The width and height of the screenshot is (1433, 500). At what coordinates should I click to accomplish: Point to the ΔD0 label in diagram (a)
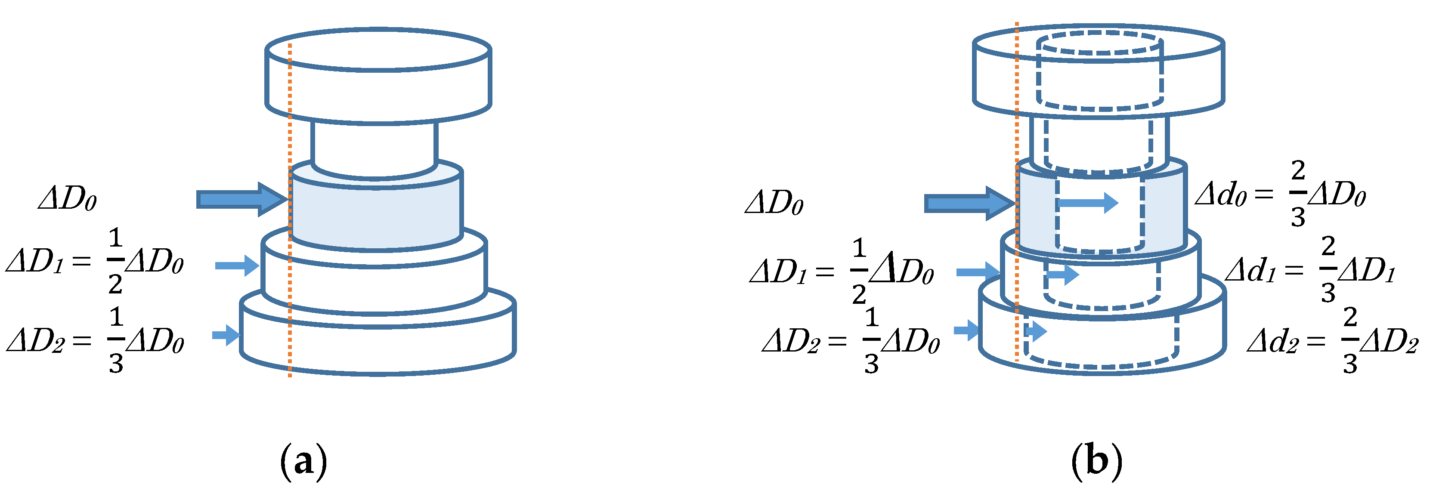pos(67,198)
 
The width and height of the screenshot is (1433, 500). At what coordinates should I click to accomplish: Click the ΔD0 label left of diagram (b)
pos(774,202)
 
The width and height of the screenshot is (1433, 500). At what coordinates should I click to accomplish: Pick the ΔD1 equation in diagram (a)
pos(95,261)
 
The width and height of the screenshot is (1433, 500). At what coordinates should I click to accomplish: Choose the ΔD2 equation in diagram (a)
pos(95,340)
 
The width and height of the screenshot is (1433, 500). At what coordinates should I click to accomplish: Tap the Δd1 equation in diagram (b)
pos(1310,270)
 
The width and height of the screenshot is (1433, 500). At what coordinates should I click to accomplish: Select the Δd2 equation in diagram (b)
pos(1332,341)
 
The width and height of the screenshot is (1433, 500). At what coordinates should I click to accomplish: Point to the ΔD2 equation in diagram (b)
pos(851,340)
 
